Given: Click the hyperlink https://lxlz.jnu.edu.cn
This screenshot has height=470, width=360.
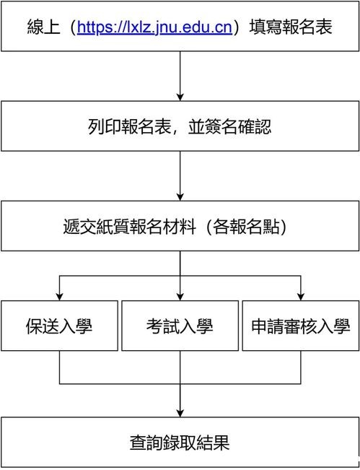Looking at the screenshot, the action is (x=154, y=27).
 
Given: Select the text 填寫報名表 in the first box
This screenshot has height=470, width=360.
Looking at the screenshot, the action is (x=291, y=27).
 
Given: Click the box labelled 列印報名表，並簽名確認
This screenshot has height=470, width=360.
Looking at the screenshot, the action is (x=180, y=126).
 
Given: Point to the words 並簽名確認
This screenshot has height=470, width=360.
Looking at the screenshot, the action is (x=229, y=127).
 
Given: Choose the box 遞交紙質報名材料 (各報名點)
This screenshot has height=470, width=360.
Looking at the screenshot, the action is (x=180, y=226).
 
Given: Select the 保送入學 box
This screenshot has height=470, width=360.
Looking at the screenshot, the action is (x=60, y=326).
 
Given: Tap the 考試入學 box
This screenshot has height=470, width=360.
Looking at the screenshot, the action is (x=180, y=326).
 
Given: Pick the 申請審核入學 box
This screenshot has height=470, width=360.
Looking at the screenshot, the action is (x=301, y=326).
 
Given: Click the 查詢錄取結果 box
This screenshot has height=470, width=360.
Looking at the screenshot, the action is (x=180, y=442).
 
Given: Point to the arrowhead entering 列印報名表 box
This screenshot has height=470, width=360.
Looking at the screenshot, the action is (x=180, y=97).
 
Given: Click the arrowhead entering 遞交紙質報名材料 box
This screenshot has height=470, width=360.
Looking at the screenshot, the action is (x=180, y=197).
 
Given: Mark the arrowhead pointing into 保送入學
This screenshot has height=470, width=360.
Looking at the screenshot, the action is (x=60, y=297).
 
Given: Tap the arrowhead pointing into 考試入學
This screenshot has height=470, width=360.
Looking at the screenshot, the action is (x=180, y=297).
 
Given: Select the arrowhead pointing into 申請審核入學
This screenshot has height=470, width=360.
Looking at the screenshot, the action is (x=301, y=297).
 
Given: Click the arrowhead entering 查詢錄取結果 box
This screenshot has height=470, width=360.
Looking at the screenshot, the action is (x=180, y=413).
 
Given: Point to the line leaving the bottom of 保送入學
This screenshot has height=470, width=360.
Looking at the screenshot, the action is (x=60, y=367).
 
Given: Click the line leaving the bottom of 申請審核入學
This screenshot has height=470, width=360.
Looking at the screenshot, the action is (x=301, y=367).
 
